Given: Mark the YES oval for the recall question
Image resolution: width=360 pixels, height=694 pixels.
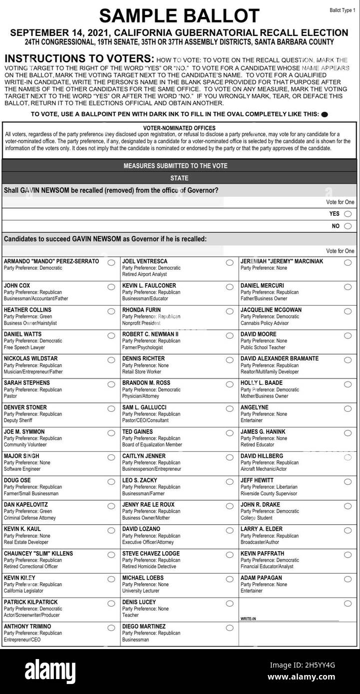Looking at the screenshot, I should point(348,214).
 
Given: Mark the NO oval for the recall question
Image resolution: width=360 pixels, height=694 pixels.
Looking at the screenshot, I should point(348,226).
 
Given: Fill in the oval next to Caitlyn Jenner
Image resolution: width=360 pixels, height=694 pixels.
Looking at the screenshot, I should point(230,457).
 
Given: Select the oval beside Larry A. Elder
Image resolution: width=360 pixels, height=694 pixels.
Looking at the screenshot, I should point(348,530).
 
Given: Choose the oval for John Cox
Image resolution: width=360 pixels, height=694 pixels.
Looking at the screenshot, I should point(111,287).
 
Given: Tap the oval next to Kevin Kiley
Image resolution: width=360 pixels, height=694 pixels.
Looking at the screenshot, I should point(111,579).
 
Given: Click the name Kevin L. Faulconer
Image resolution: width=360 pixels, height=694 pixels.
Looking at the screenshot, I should point(149,286).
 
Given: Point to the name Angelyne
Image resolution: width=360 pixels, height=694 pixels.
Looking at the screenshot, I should point(255,407).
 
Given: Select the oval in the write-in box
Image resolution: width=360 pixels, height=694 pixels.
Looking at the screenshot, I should point(348,604).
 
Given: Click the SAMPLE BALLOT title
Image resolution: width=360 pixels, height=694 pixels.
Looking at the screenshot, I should point(179,16).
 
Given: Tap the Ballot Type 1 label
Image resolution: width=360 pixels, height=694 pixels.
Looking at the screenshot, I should point(343,10).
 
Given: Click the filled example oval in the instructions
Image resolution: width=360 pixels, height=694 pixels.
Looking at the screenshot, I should point(325,114).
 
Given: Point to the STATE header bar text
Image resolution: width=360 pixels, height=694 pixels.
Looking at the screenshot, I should point(179,178).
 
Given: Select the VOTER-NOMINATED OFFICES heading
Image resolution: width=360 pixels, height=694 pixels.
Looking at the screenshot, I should point(179,128).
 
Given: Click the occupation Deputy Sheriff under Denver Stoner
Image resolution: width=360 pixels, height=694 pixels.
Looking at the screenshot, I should point(18,420).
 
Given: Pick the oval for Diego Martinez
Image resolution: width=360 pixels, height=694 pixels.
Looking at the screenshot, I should point(230,628).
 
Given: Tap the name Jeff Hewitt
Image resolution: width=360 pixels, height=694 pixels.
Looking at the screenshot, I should point(257,480).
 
